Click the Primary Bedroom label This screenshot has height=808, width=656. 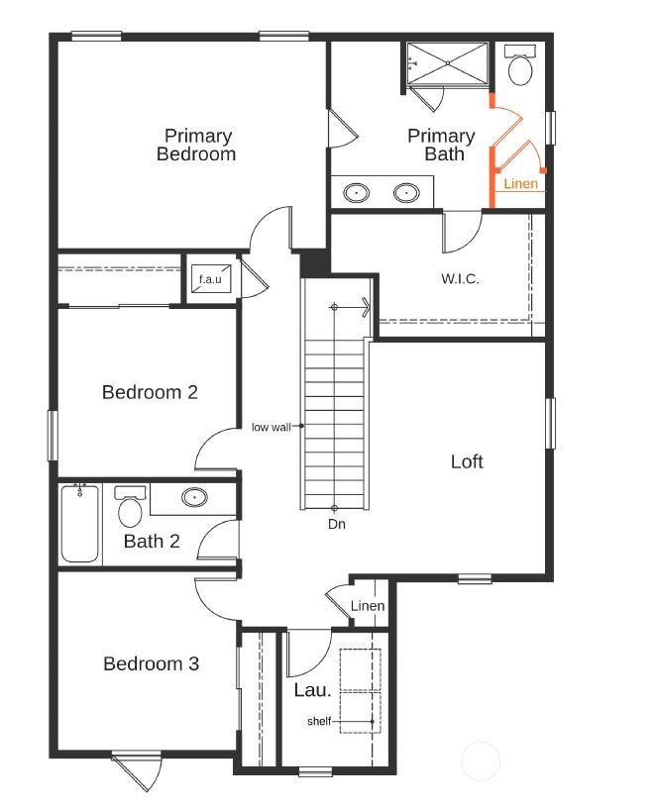click(x=197, y=145)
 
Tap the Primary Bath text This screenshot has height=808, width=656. click(x=442, y=145)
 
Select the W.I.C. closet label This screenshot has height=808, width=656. click(x=460, y=279)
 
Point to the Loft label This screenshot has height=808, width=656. click(x=467, y=461)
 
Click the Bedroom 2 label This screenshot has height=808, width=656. click(x=150, y=392)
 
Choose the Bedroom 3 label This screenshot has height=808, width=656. click(x=151, y=663)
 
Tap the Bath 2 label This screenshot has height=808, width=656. click(x=152, y=541)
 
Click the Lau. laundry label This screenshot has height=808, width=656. click(x=312, y=689)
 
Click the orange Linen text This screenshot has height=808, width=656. click(x=521, y=184)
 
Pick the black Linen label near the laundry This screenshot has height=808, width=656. click(x=367, y=606)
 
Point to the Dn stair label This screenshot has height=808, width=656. click(x=337, y=524)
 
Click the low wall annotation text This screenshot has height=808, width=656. click(x=271, y=427)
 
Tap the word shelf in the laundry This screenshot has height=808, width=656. click(x=318, y=722)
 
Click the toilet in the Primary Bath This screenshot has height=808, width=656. click(x=520, y=67)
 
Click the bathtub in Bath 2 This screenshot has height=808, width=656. click(x=80, y=524)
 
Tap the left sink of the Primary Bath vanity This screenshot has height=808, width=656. click(x=357, y=192)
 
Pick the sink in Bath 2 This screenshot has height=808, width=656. click(x=194, y=497)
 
